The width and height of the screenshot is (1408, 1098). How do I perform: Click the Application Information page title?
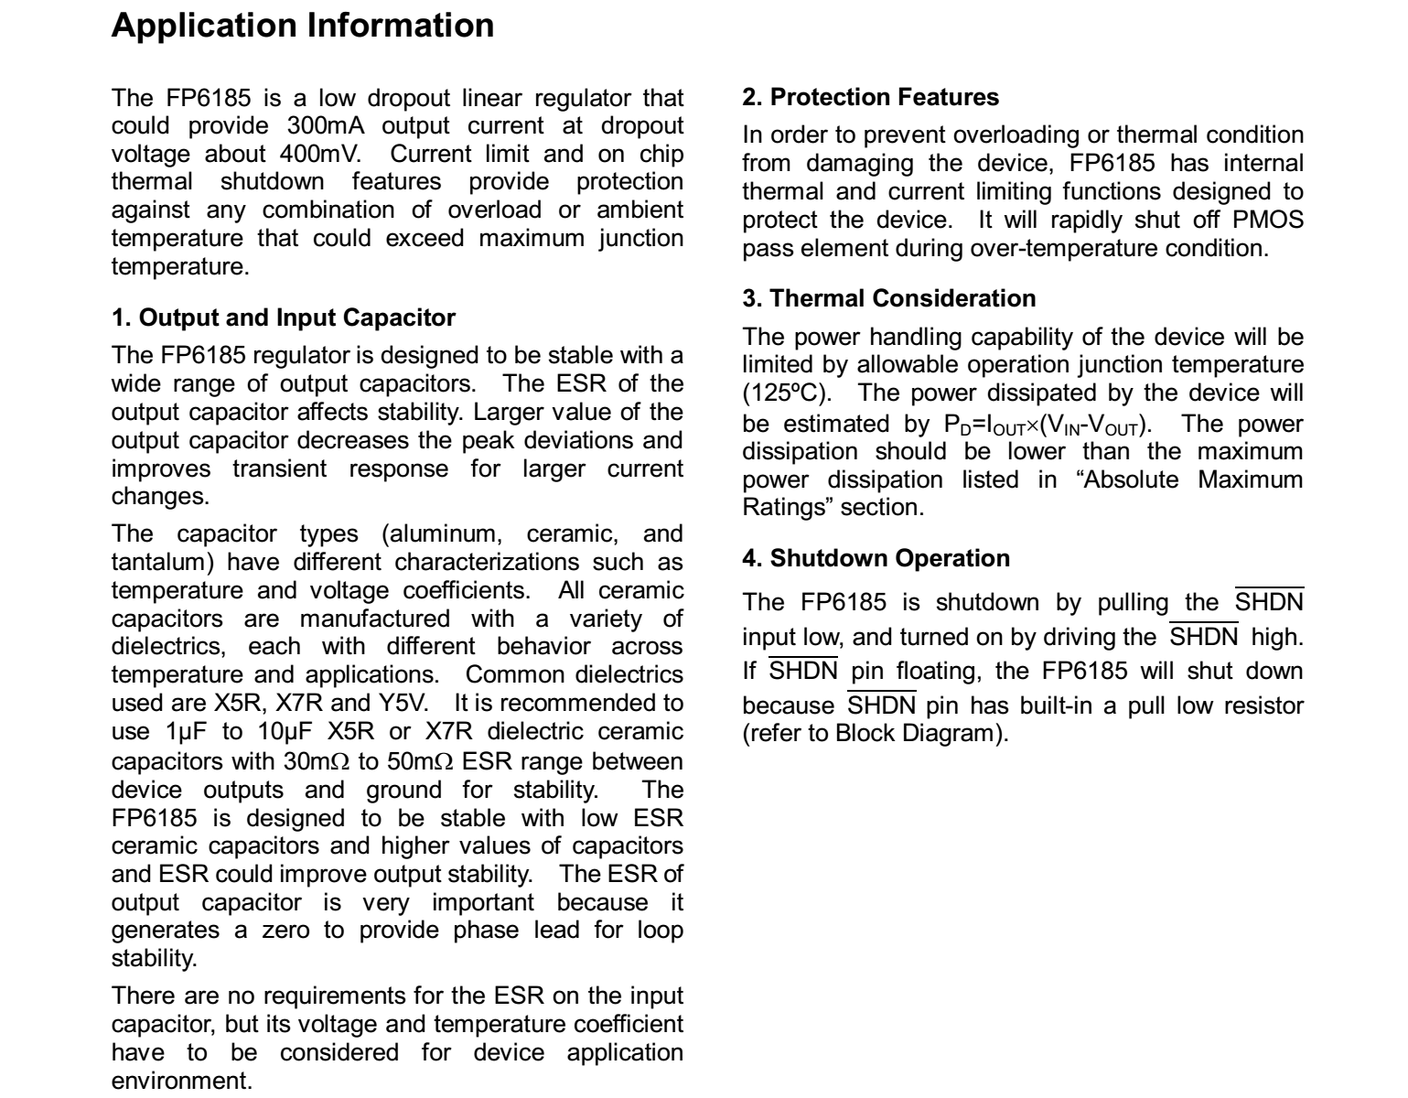[x=302, y=25]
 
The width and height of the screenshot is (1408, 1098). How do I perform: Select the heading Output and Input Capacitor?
[x=283, y=318]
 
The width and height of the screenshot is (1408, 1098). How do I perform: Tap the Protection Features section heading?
[x=870, y=97]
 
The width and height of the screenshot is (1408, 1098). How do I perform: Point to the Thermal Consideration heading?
[x=889, y=298]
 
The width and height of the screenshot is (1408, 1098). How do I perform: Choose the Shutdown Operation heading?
[x=876, y=558]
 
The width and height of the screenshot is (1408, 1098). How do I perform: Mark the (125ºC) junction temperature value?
[x=786, y=393]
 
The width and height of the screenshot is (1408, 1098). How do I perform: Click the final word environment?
[x=179, y=1081]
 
